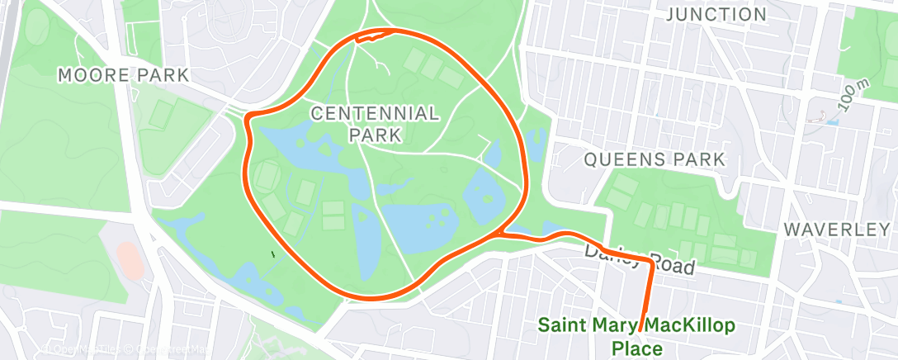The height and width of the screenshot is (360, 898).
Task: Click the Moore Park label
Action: (x=123, y=75)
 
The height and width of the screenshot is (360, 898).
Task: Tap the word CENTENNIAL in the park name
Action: (x=375, y=113)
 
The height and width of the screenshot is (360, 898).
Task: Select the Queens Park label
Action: (x=655, y=159)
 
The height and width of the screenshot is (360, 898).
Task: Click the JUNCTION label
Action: (x=716, y=15)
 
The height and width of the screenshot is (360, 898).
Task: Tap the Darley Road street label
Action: (x=636, y=260)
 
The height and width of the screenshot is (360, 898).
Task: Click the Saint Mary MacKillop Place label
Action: (x=636, y=336)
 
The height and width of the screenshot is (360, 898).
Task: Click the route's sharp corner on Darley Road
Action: (x=651, y=265)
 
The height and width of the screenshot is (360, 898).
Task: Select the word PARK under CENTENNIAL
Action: (x=375, y=134)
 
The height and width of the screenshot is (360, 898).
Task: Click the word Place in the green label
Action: (x=636, y=348)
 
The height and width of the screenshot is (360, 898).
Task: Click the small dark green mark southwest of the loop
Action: (x=272, y=252)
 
